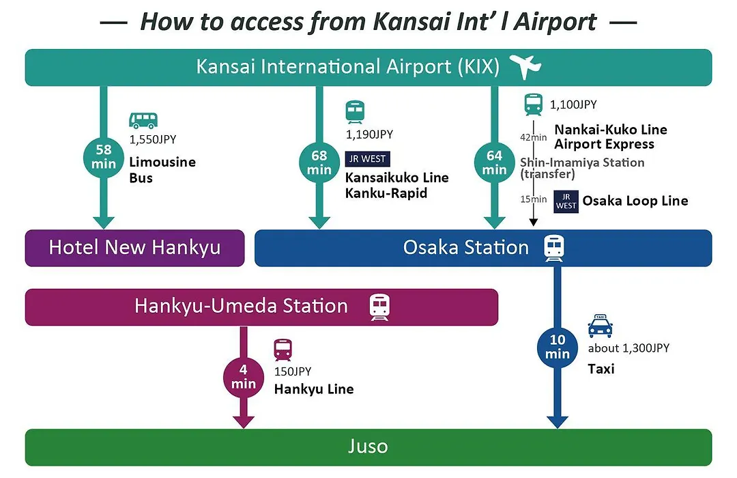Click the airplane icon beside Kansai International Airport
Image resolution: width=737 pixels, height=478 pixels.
pyautogui.click(x=525, y=66)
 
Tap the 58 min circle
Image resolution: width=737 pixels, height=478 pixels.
pyautogui.click(x=104, y=157)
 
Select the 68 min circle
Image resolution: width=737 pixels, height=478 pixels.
pyautogui.click(x=319, y=163)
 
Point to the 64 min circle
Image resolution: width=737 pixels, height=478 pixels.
pyautogui.click(x=495, y=163)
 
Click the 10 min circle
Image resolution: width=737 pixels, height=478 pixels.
pyautogui.click(x=558, y=347)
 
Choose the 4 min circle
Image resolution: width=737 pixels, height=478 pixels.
pyautogui.click(x=244, y=378)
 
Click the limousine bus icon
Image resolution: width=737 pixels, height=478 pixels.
pyautogui.click(x=143, y=120)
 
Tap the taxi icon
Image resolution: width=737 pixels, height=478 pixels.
pyautogui.click(x=601, y=326)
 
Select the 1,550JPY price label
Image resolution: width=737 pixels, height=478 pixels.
pyautogui.click(x=153, y=140)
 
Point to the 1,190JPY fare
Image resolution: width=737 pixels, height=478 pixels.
pyautogui.click(x=369, y=135)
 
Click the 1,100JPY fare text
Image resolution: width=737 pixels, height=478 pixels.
pyautogui.click(x=573, y=104)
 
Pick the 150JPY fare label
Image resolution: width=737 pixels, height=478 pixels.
pyautogui.click(x=293, y=371)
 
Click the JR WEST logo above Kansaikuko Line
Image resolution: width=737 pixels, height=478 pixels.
pyautogui.click(x=368, y=159)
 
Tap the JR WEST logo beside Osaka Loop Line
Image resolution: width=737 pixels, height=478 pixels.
pyautogui.click(x=566, y=201)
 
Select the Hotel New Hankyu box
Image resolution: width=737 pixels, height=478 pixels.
pyautogui.click(x=135, y=248)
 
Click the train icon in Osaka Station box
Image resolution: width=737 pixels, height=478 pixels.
pyautogui.click(x=554, y=248)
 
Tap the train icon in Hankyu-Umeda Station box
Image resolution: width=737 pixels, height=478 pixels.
pyautogui.click(x=379, y=307)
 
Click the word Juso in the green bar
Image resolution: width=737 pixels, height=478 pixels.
pyautogui.click(x=368, y=447)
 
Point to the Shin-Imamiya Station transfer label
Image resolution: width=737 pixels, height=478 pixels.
pyautogui.click(x=582, y=168)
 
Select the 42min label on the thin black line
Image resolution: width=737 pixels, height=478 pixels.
pyautogui.click(x=534, y=137)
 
